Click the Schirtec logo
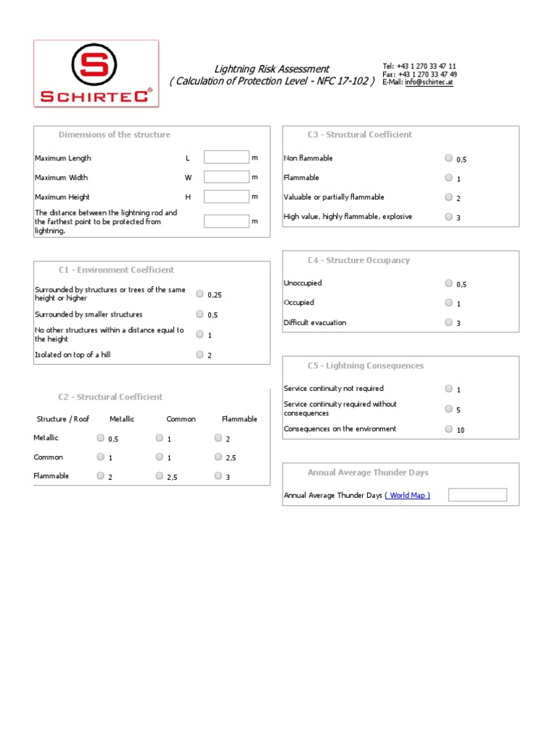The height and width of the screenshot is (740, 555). click(x=96, y=74)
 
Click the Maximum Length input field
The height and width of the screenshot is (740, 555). click(x=226, y=158)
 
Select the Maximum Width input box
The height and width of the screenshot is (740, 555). click(x=226, y=177)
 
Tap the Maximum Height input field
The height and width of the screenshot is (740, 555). click(x=226, y=197)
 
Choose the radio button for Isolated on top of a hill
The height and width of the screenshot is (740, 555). click(x=199, y=354)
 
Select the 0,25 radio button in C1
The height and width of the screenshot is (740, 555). click(x=199, y=293)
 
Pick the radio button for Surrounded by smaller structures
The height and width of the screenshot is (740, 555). click(x=199, y=314)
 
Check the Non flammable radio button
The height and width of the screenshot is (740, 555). click(x=449, y=158)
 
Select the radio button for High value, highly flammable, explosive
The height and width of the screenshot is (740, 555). click(x=449, y=216)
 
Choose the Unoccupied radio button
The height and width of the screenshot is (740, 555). click(x=449, y=283)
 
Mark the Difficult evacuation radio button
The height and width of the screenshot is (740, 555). click(x=449, y=322)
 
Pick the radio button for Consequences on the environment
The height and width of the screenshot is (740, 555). click(x=449, y=429)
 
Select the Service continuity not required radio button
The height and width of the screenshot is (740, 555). click(x=449, y=388)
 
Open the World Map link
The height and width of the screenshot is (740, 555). click(x=408, y=496)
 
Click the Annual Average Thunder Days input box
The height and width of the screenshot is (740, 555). click(x=477, y=495)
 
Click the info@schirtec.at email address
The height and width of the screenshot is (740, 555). click(x=429, y=82)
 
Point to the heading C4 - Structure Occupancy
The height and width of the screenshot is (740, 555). click(x=358, y=260)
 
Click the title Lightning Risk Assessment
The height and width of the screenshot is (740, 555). click(x=272, y=69)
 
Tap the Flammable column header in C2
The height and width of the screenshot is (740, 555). click(x=239, y=419)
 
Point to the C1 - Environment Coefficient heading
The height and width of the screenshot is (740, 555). click(x=116, y=270)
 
